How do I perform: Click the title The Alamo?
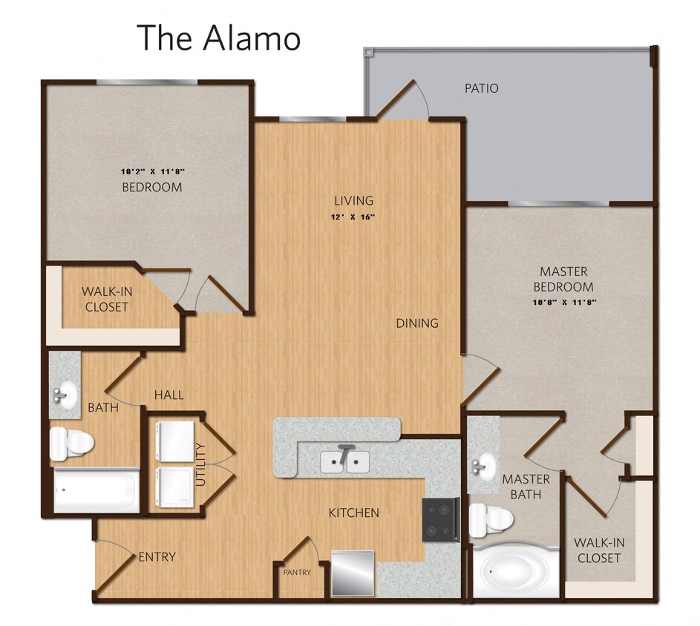[218, 37]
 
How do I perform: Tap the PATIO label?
[481, 88]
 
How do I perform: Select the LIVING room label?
[353, 200]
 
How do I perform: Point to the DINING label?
[416, 323]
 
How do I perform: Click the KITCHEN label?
[354, 513]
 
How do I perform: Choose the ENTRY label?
[157, 557]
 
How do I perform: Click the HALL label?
[169, 395]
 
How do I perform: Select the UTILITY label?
[200, 464]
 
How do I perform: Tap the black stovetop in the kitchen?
[440, 519]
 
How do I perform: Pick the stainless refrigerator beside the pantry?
[353, 573]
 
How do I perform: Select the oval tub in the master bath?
[516, 573]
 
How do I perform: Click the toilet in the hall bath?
[71, 444]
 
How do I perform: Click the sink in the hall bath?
[65, 393]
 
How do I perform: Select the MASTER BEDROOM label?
[566, 279]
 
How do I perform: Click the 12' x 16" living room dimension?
[353, 217]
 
